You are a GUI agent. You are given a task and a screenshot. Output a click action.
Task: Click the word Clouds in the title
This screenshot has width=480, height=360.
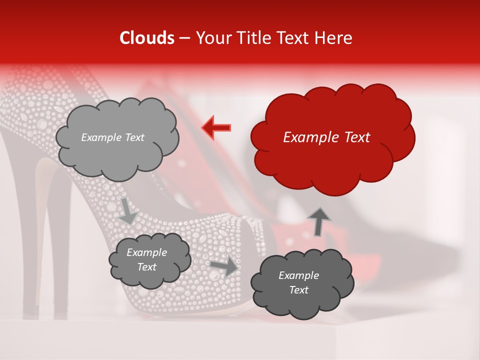[x=147, y=38]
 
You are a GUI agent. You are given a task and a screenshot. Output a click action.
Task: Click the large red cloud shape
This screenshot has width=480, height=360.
[x=332, y=160]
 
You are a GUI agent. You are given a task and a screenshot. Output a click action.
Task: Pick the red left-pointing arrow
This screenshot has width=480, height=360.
[x=216, y=128]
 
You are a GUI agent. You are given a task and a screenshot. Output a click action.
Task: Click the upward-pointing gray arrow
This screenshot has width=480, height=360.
[x=319, y=221]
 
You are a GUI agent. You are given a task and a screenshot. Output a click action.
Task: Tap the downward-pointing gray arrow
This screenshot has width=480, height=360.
[x=127, y=210]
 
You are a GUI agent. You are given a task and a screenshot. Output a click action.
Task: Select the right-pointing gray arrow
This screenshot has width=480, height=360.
[x=223, y=266]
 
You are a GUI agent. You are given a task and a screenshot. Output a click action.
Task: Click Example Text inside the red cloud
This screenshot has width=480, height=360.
[x=326, y=137]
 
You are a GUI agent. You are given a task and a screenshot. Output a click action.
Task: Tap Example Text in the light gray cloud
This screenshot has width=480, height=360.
[x=112, y=137]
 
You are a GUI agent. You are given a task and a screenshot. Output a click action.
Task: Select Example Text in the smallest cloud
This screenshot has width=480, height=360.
[x=146, y=259]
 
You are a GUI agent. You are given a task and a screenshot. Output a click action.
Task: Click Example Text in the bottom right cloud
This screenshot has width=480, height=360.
[x=298, y=282]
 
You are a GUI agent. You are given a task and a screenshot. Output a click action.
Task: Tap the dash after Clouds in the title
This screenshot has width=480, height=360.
[x=184, y=38]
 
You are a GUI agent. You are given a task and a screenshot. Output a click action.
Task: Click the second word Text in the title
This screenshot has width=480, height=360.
[x=295, y=38]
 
